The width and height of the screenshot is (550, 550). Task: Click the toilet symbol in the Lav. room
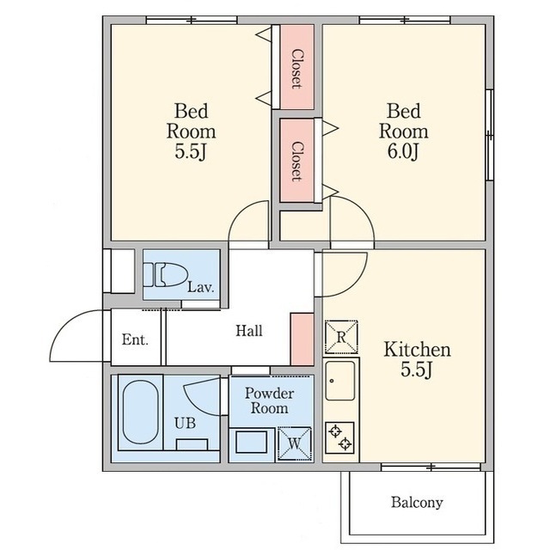coord(165,275)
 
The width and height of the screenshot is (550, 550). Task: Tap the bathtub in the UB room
coord(140,412)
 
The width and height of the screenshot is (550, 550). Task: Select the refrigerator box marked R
coord(341,337)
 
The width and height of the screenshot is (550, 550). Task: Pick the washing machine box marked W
coord(294,443)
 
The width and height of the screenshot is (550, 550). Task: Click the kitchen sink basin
coord(340,381)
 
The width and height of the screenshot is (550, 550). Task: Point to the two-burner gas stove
coord(340,437)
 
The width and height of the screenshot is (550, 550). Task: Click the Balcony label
coord(417,502)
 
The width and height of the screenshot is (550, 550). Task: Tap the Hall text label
coord(248,331)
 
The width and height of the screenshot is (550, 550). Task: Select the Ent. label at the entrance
coord(135,339)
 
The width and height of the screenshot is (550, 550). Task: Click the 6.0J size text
coord(403,151)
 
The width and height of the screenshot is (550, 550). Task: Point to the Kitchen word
coord(417,350)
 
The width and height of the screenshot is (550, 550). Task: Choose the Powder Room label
coord(269,400)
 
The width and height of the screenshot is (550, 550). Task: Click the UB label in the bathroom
coord(185,424)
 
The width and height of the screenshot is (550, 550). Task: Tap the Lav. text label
coord(200,287)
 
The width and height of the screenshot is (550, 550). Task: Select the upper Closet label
coord(296,69)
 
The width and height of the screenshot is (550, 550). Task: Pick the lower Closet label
coord(296,162)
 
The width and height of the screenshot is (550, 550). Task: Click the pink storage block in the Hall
coord(302,339)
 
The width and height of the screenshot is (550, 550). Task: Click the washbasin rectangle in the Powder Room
coord(251,442)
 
